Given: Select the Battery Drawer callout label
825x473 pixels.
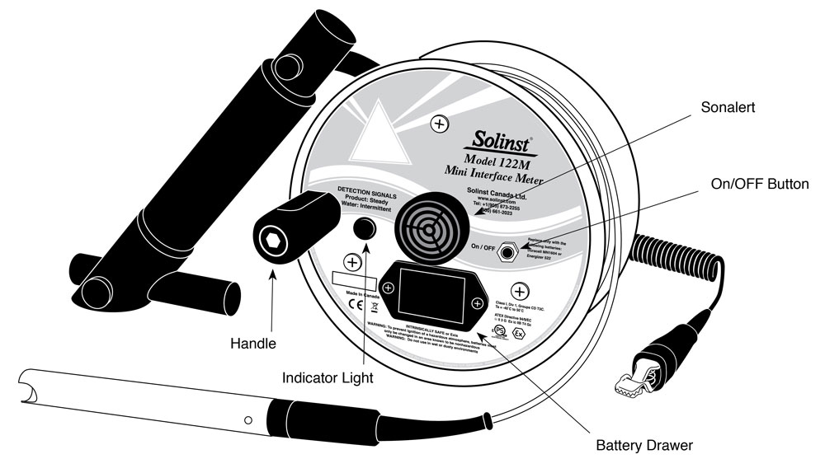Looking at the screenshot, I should point(644,446).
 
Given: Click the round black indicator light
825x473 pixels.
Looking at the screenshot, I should point(365,229).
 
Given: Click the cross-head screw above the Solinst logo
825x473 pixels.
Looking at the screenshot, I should point(440,124).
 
